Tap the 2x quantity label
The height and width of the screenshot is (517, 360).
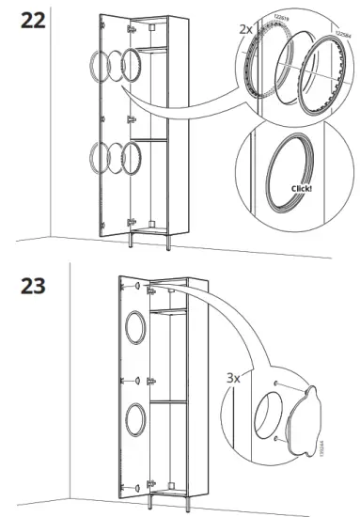point(246,30)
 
